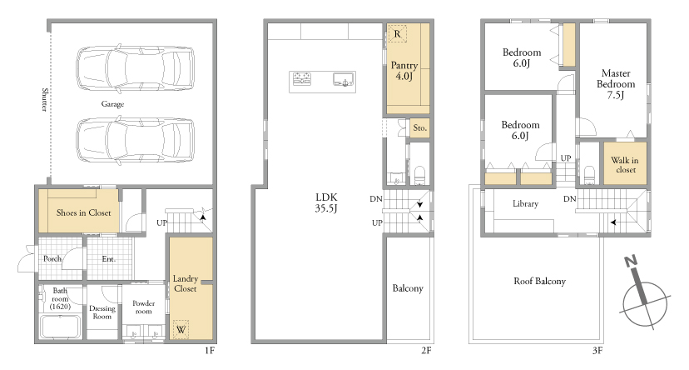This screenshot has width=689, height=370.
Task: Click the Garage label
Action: click(x=112, y=104)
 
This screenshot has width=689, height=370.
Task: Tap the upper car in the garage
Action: click(x=136, y=68)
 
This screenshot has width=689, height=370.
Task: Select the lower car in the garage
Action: click(x=136, y=141)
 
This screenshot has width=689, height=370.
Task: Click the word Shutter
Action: click(x=44, y=99)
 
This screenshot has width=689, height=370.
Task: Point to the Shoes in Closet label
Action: click(x=83, y=213)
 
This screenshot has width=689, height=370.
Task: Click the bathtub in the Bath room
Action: click(x=60, y=327)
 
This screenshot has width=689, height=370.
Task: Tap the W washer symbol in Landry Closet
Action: click(x=181, y=329)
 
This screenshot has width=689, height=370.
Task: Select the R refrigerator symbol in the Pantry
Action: click(x=398, y=34)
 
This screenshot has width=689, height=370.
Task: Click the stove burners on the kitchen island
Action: click(x=302, y=79)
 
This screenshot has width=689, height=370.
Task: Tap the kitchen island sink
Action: click(x=344, y=80)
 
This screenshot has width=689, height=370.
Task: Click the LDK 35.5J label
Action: click(x=326, y=202)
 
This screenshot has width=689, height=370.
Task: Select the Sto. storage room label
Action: click(x=419, y=128)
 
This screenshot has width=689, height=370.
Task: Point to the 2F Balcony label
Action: click(x=408, y=288)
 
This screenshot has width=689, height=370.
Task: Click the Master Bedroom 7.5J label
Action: click(x=616, y=84)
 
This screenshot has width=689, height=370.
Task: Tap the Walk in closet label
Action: click(x=625, y=165)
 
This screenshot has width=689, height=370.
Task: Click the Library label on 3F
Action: click(x=525, y=203)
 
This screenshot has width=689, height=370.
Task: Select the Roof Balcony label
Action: click(x=539, y=281)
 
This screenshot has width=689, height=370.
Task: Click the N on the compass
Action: click(x=631, y=262)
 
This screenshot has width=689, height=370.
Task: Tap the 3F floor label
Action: click(x=597, y=351)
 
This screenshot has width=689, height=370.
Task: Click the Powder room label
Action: click(x=143, y=307)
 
